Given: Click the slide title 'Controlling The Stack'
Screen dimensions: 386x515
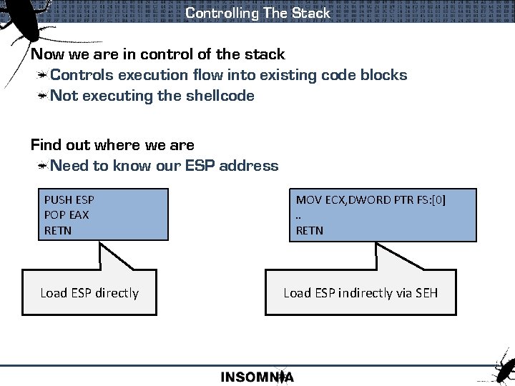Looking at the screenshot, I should point(257,13).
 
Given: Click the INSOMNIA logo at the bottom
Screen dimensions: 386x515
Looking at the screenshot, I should point(257,377).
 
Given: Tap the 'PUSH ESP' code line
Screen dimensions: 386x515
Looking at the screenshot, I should point(69,200).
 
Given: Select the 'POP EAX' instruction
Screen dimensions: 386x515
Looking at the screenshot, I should point(67,215).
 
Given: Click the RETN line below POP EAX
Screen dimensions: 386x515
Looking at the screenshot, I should point(58,230).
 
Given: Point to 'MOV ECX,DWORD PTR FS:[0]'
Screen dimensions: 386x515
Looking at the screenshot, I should point(371,200).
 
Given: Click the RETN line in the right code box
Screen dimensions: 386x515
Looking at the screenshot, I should point(310,230).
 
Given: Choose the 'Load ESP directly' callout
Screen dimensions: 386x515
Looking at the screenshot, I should point(89,292).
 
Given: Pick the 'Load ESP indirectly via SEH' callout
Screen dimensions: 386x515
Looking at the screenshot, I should point(360,292).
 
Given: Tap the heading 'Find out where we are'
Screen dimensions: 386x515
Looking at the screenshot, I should point(112,145).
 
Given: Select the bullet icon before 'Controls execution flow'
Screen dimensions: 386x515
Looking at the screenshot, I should point(43,75).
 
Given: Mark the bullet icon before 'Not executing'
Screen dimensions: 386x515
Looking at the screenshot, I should point(43,96).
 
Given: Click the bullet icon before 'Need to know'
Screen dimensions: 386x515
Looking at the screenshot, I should point(43,166).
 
